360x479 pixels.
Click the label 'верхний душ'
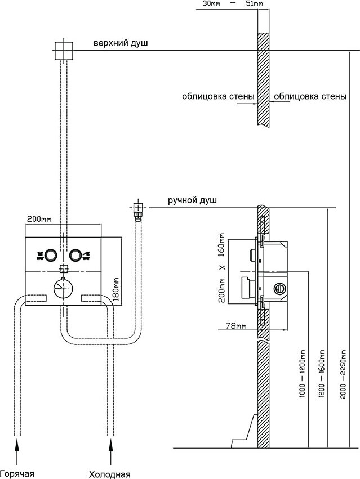click(121, 43)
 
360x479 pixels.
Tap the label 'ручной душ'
click(192, 200)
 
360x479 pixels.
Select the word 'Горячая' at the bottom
click(17, 473)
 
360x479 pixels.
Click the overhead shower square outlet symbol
click(63, 51)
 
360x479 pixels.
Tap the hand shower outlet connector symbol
click(137, 209)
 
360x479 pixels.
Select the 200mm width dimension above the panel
click(38, 218)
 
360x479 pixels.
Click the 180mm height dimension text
click(116, 289)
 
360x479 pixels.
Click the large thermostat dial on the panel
click(63, 288)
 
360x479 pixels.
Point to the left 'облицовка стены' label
click(217, 96)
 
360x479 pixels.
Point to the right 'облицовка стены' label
click(310, 96)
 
